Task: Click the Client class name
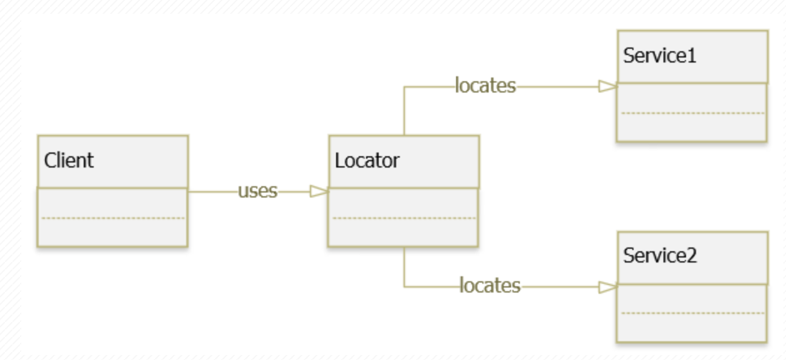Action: tap(69, 161)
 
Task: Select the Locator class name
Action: tap(367, 161)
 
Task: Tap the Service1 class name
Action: tap(660, 56)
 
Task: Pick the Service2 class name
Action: tap(660, 256)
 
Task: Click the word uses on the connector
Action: tap(257, 191)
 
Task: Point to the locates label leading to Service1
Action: tap(485, 86)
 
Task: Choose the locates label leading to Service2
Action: tap(490, 286)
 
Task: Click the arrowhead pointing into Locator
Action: tap(319, 192)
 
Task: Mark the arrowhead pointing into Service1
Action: tap(608, 87)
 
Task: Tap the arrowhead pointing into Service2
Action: tap(608, 287)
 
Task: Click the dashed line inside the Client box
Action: tap(112, 218)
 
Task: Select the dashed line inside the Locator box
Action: tap(404, 218)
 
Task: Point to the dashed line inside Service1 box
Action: tap(692, 113)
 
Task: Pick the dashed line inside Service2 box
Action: tap(692, 313)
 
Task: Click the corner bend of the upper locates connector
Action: tap(404, 87)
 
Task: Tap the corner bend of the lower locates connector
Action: tap(404, 287)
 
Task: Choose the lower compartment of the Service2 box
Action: tap(692, 326)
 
